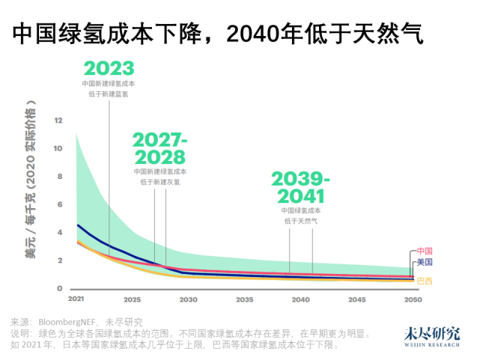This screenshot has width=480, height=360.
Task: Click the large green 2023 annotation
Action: tap(109, 68)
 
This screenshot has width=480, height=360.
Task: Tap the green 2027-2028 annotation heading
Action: tap(158, 148)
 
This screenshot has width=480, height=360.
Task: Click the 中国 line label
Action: tap(425, 251)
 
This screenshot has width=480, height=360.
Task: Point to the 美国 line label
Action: tap(425, 262)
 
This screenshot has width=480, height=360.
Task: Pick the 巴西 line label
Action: tap(425, 281)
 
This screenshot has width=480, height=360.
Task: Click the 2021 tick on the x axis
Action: tap(76, 299)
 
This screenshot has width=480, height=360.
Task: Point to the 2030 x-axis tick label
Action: tap(188, 299)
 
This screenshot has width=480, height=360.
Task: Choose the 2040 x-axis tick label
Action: tap(300, 299)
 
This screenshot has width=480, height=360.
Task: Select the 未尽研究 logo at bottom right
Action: tap(433, 335)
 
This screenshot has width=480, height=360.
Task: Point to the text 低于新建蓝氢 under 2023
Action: tap(109, 93)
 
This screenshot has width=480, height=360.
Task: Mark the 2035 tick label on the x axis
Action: tap(244, 299)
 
